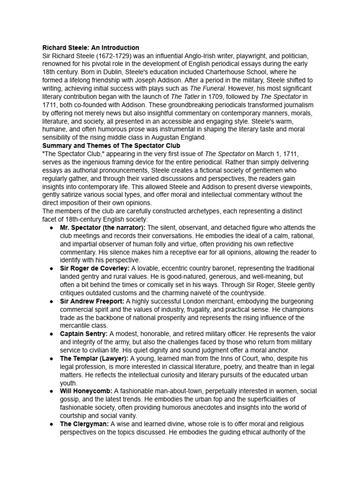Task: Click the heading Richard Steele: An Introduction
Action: tap(90, 48)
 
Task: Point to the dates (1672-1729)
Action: tap(106, 56)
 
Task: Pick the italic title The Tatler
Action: tap(186, 96)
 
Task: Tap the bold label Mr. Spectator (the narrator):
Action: tap(103, 227)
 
